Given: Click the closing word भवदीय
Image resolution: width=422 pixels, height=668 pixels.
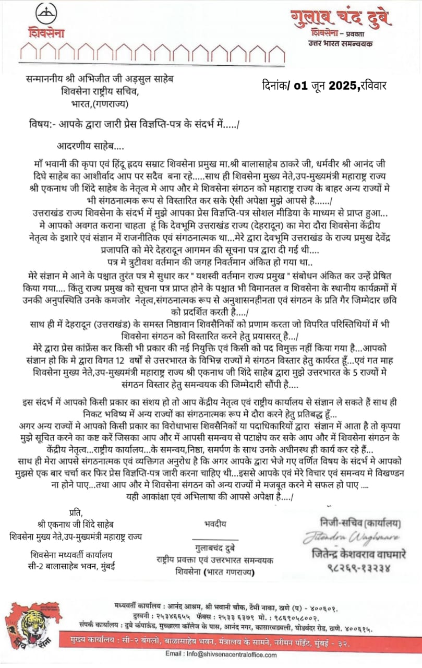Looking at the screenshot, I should tap(214, 521).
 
